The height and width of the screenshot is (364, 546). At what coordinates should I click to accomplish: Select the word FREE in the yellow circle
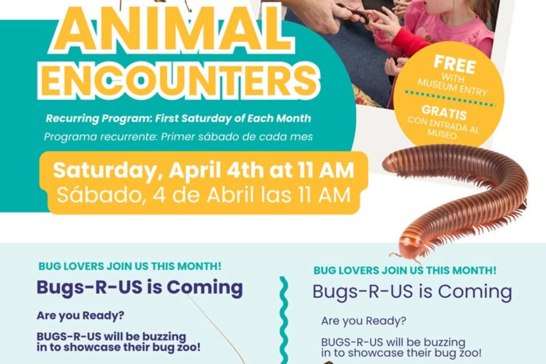pyautogui.click(x=455, y=65)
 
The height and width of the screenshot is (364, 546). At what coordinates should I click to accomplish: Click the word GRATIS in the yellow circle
pyautogui.click(x=444, y=113)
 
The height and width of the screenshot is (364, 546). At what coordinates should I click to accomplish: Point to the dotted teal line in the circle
pyautogui.click(x=450, y=99)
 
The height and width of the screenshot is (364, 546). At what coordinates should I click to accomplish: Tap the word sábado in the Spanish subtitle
pyautogui.click(x=215, y=137)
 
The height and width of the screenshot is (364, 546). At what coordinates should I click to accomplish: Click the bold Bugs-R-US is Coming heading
pyautogui.click(x=140, y=288)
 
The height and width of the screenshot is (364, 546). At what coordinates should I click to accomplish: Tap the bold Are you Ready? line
pyautogui.click(x=81, y=315)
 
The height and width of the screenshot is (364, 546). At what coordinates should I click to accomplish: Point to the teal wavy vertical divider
pyautogui.click(x=283, y=320)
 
